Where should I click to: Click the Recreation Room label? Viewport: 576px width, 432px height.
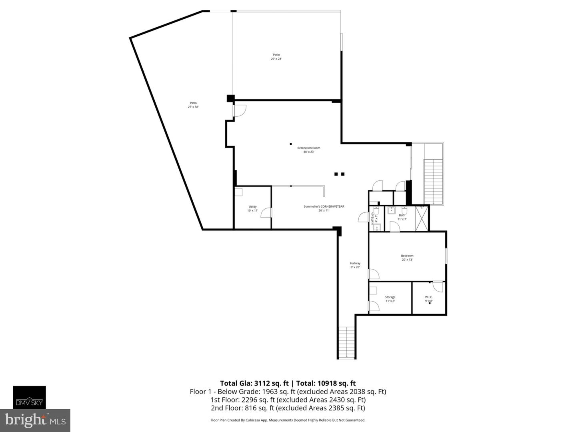[308, 150]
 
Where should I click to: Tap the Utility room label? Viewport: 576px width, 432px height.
[252, 208]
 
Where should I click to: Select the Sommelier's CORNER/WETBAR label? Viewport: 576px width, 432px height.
[324, 208]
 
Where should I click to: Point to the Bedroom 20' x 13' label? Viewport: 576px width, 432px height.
[407, 258]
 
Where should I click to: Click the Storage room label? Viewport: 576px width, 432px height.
[390, 299]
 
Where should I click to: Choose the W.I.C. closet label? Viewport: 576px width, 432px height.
[428, 299]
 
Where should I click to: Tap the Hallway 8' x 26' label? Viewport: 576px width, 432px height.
[355, 265]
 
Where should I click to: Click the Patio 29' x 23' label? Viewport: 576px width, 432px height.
[276, 57]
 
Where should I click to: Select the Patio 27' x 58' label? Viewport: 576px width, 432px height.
[193, 105]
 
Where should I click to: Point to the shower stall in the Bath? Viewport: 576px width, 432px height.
[422, 218]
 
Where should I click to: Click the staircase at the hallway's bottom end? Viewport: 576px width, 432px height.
[346, 342]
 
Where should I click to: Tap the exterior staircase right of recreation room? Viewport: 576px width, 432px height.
[434, 181]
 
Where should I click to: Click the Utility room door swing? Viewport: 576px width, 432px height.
[266, 213]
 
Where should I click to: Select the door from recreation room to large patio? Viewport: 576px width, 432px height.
[240, 111]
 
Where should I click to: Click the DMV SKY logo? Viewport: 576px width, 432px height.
[29, 397]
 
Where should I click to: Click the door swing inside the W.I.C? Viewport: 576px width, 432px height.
[438, 286]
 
